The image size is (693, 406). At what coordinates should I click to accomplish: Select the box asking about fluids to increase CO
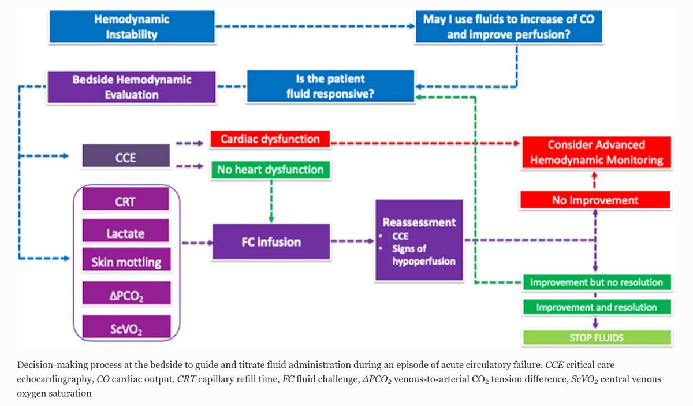coord(509,27)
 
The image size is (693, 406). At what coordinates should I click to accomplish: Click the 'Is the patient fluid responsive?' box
coord(330,86)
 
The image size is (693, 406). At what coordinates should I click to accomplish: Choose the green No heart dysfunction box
coord(269,170)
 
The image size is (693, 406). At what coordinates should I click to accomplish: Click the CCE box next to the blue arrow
coord(126,156)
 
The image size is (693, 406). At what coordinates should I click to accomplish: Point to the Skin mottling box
coord(126,262)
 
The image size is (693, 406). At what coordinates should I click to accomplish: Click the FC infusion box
coord(271,241)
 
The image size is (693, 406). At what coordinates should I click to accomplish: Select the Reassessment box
coord(419,240)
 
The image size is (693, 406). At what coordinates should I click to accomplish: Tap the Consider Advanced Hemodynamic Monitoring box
coord(597,152)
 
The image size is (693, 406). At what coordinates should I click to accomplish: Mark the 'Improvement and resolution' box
coord(597,307)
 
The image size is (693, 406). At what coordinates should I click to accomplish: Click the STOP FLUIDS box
coord(597,337)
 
